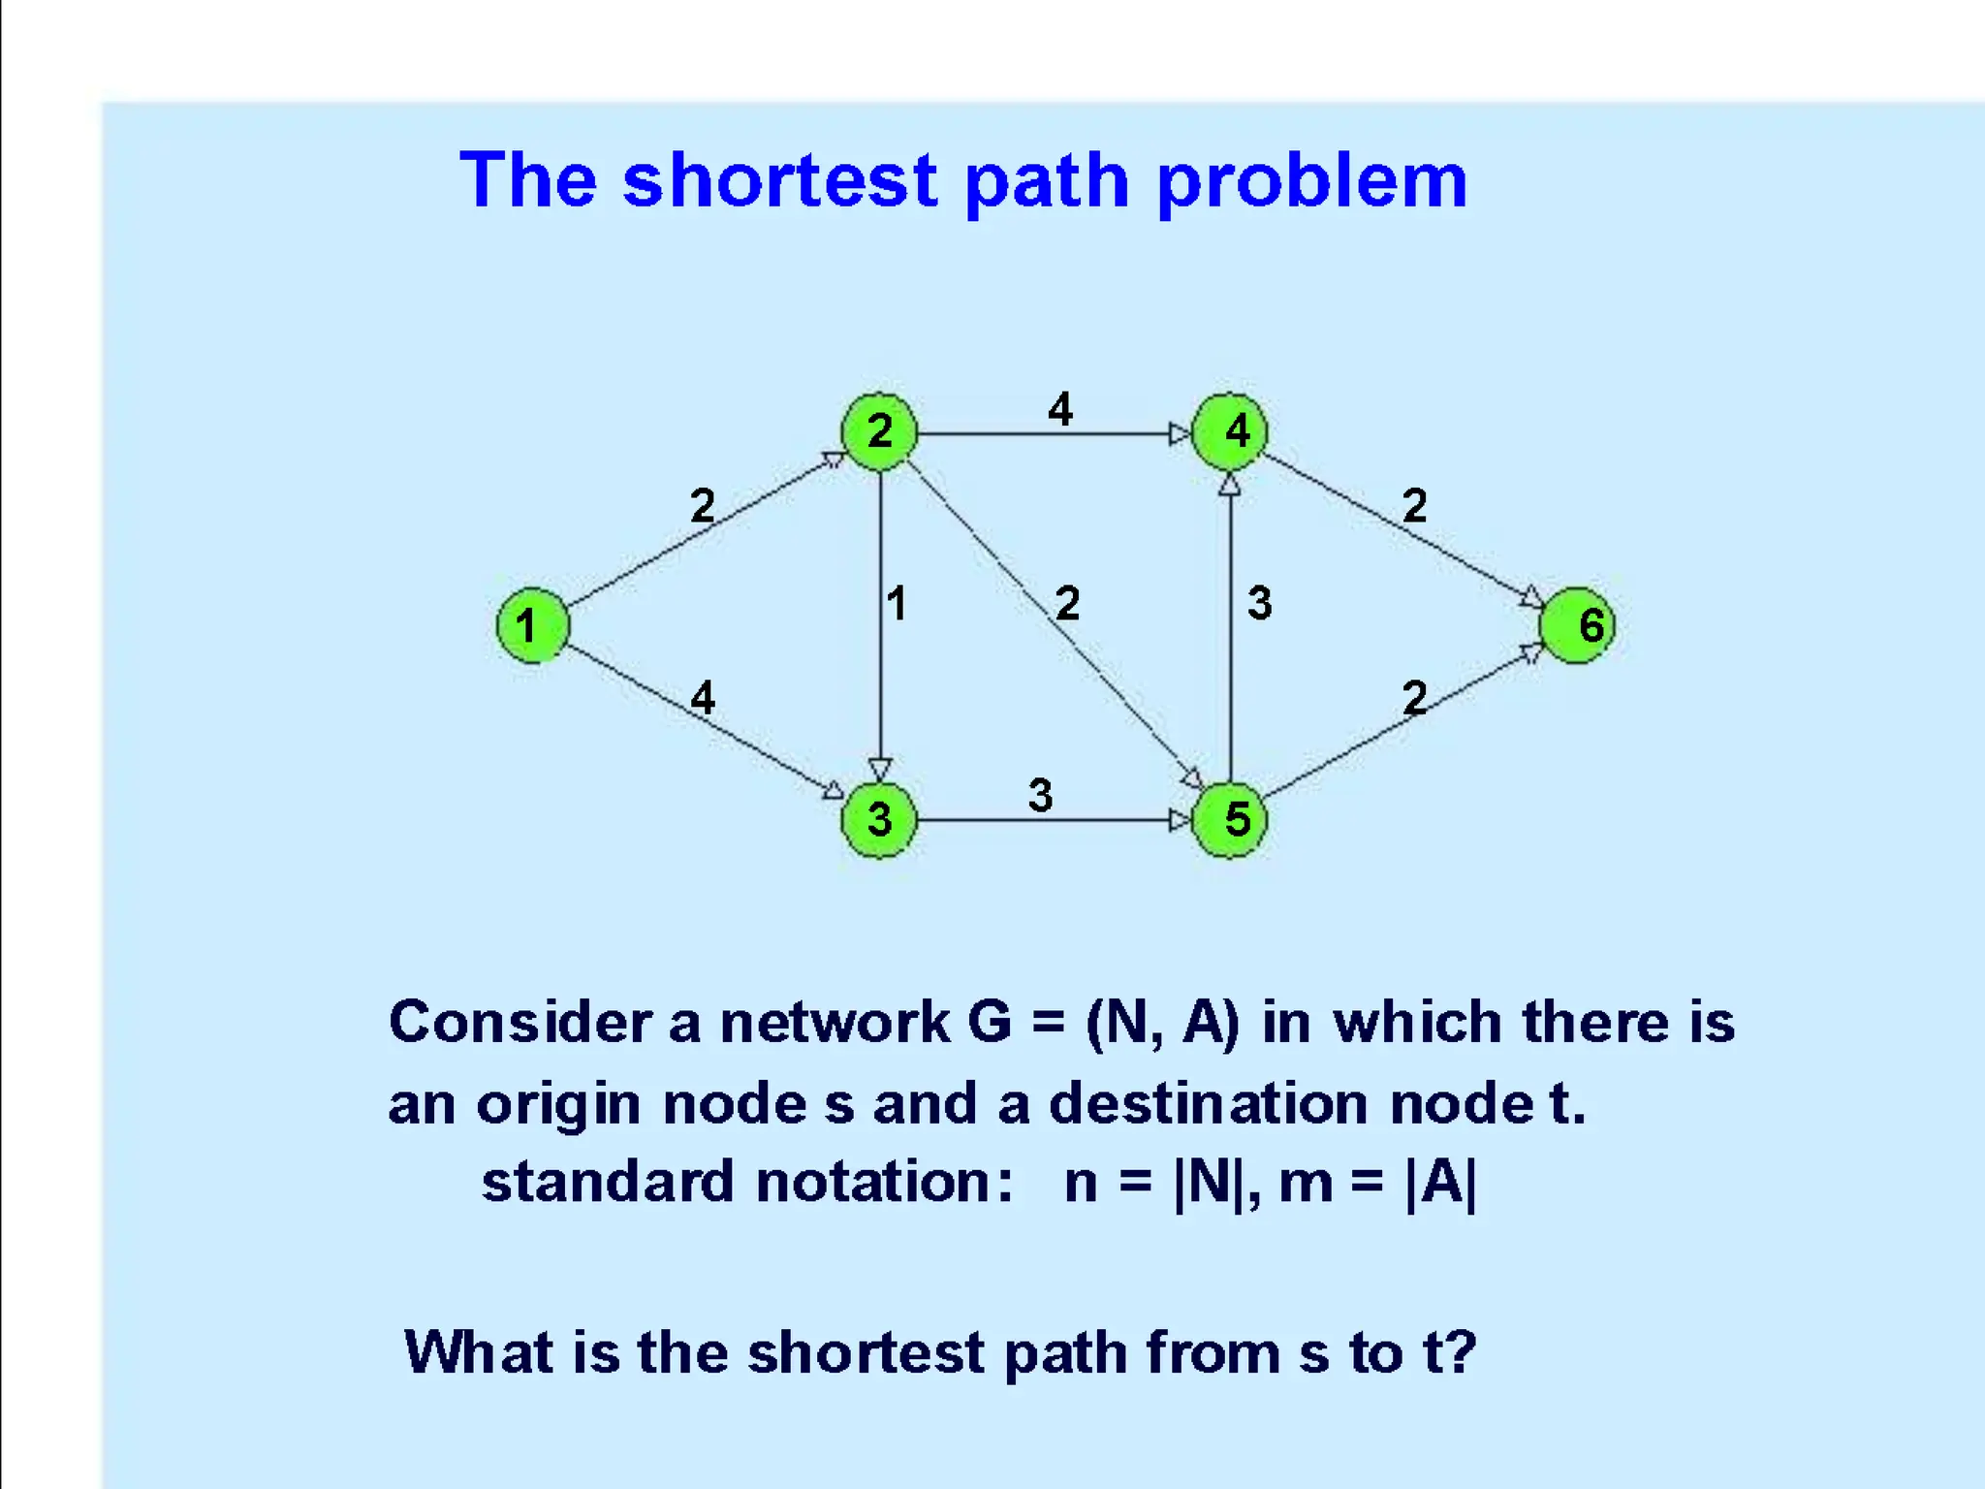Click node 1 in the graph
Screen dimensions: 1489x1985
coord(532,625)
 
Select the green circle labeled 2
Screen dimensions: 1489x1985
coord(879,431)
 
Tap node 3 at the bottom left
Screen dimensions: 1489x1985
coord(879,820)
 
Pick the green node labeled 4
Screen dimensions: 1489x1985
coord(1229,431)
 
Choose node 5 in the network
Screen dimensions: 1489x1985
coord(1229,820)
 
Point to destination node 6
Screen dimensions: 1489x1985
coord(1577,625)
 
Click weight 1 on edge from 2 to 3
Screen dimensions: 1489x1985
coord(897,603)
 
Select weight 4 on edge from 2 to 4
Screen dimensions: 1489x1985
coord(1060,409)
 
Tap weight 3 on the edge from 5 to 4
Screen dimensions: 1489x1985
coord(1259,603)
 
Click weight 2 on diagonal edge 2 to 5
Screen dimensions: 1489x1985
coord(1067,603)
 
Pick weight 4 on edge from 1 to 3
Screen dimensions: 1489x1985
coord(703,697)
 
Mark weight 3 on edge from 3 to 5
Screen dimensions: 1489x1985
coord(1040,796)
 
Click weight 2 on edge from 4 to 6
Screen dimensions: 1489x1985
coord(1414,505)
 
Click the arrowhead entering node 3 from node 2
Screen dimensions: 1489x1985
coord(880,770)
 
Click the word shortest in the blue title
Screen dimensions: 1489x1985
coord(780,181)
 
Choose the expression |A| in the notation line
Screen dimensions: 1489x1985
coord(1441,1183)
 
